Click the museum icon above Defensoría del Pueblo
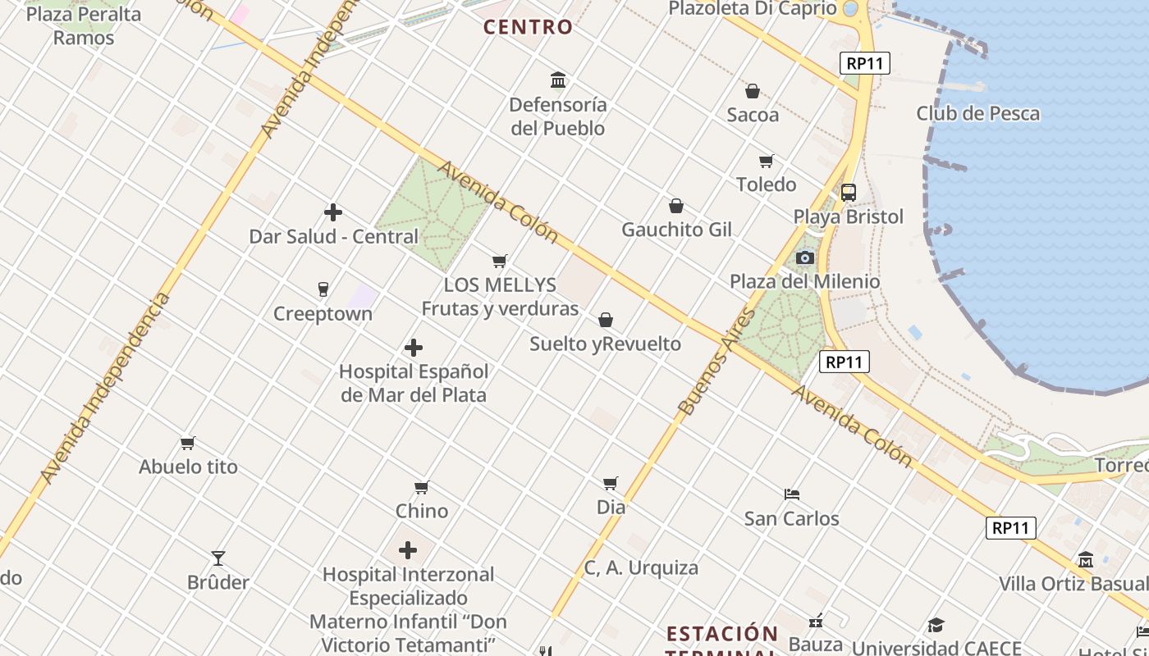[558, 80]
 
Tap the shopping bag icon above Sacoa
[752, 91]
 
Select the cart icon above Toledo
[766, 161]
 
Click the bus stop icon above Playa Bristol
[848, 193]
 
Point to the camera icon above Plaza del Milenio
[804, 257]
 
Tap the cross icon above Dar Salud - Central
[333, 212]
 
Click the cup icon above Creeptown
[323, 289]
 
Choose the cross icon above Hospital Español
[414, 348]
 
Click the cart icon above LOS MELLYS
[499, 262]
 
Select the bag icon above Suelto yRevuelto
[605, 320]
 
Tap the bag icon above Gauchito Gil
[676, 206]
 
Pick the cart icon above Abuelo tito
[188, 444]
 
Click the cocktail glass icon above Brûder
[217, 558]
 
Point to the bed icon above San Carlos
[791, 494]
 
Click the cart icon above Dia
[610, 484]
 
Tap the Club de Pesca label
[977, 114]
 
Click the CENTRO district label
[528, 27]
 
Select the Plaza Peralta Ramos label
[84, 25]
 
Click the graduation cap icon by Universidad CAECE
[936, 626]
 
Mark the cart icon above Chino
[422, 488]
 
